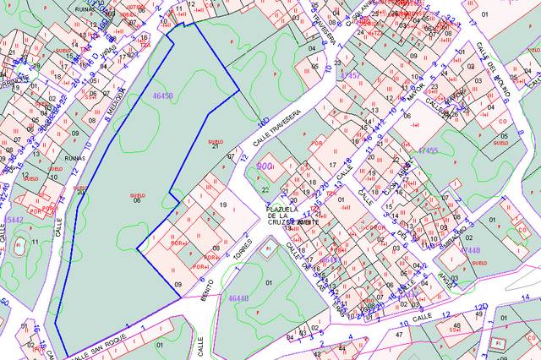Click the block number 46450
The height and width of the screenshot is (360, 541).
pos(162,97)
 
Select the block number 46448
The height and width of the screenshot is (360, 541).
pos(238,298)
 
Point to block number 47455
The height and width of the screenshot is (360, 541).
pos(428,150)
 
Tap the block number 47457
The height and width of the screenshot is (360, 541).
pos(349,76)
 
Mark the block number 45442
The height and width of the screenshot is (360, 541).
pos(12,220)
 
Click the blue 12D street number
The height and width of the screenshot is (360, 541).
pos(480,306)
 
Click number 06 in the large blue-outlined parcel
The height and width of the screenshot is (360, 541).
pos(136,200)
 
